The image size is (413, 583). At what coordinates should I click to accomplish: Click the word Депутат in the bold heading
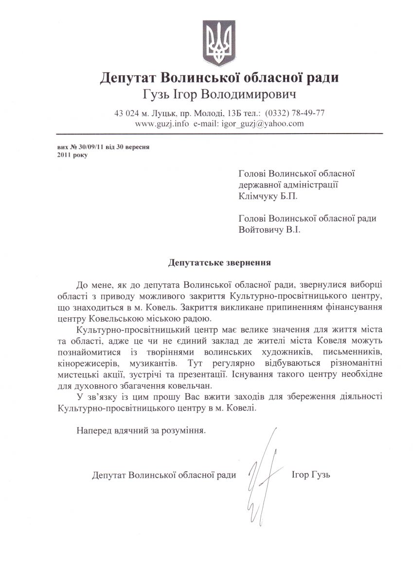130,78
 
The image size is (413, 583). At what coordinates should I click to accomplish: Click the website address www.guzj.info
162,123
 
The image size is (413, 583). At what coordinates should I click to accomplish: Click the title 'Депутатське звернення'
220,263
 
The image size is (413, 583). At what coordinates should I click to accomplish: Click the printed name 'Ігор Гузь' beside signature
311,474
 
